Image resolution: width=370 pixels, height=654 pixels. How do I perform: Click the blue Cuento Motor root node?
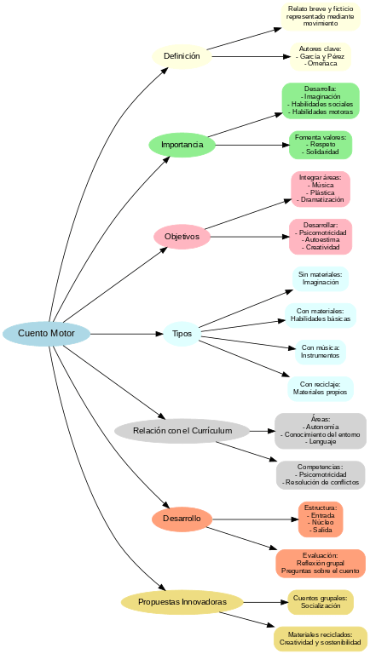(x=46, y=333)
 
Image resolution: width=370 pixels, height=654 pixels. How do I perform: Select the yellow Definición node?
(x=181, y=56)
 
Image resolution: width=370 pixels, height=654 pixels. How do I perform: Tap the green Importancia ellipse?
(x=182, y=145)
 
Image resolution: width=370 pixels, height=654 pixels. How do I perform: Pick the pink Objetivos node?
(x=182, y=236)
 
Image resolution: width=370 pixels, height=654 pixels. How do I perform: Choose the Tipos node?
(x=182, y=333)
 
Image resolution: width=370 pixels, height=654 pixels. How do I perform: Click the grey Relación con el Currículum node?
(x=182, y=431)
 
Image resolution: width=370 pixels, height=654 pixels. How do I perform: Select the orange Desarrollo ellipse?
(x=182, y=518)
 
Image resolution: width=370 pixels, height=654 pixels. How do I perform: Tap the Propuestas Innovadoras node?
(x=182, y=602)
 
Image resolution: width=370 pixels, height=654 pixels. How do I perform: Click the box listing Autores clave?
(x=320, y=56)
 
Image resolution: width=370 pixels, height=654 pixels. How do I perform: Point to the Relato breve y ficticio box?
(x=320, y=16)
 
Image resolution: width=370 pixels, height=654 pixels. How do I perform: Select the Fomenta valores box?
(x=320, y=145)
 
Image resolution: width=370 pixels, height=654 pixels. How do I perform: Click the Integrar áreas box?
(x=320, y=189)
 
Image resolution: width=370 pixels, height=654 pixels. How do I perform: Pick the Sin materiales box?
(x=320, y=278)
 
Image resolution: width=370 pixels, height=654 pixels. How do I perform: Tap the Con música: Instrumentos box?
(x=320, y=352)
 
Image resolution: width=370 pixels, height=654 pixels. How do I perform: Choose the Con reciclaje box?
(x=320, y=388)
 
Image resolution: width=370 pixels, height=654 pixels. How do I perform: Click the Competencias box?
(x=320, y=474)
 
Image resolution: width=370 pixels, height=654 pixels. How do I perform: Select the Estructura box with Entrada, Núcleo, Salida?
(x=320, y=519)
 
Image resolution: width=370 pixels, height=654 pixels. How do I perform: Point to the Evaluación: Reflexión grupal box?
(x=320, y=563)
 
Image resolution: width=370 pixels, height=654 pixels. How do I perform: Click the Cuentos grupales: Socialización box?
(x=320, y=602)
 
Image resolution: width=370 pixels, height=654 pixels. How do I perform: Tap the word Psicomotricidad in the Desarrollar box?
(x=321, y=232)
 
